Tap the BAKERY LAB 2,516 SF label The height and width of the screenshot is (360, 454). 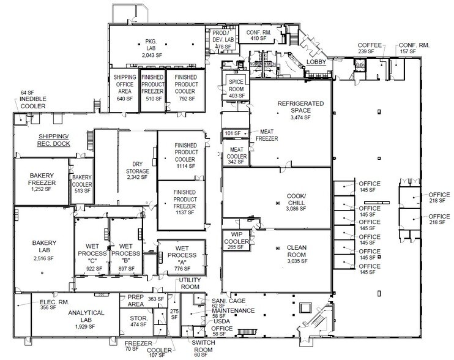pyautogui.click(x=43, y=250)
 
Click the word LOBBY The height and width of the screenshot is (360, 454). pyautogui.click(x=318, y=62)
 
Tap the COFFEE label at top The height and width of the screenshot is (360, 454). pyautogui.click(x=370, y=45)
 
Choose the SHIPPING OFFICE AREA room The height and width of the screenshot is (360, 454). pyautogui.click(x=124, y=86)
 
